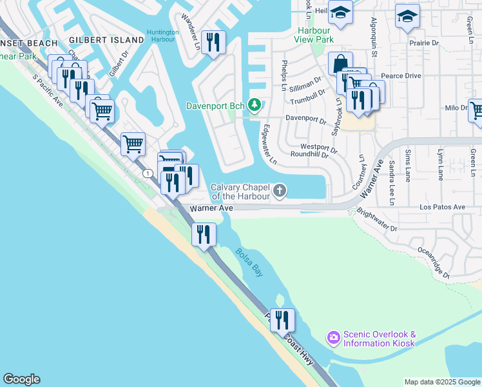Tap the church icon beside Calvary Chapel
[279, 190]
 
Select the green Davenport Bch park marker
[255, 105]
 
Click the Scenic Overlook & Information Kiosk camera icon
[333, 337]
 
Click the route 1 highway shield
[148, 173]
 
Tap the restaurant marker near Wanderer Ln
[213, 43]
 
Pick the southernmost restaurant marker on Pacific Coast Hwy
[282, 320]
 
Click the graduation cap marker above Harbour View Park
[339, 12]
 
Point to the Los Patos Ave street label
[442, 208]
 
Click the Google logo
[21, 379]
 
